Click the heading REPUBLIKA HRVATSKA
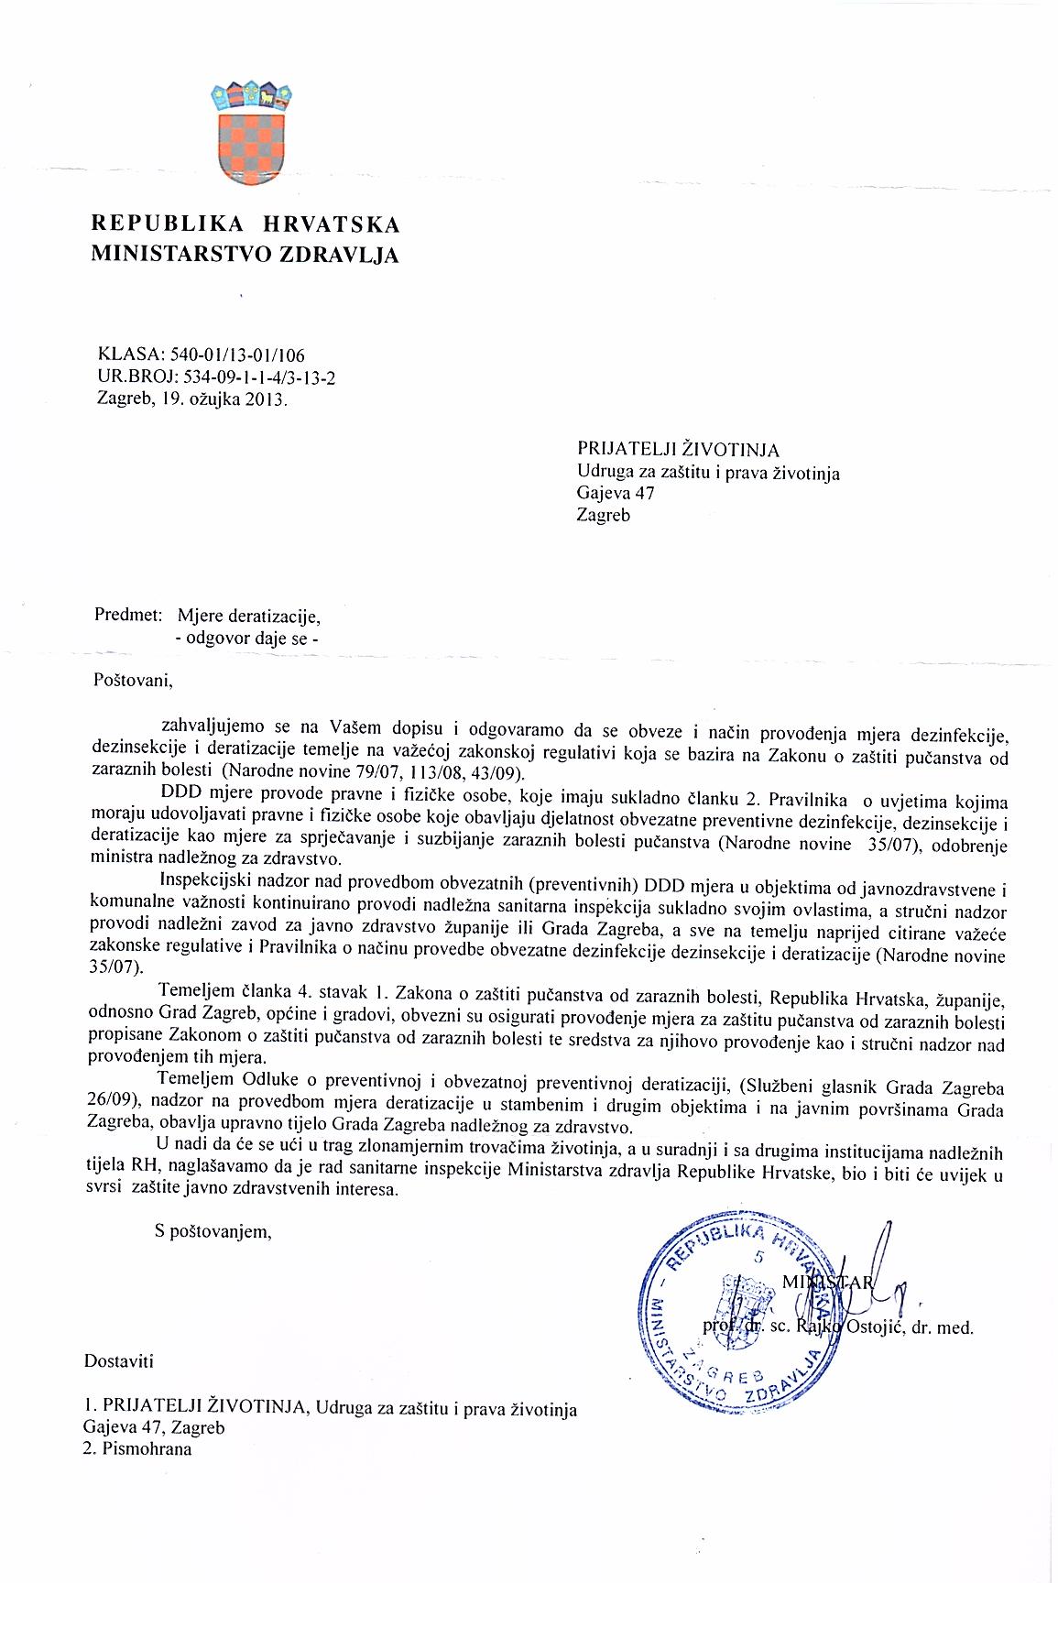coord(245,224)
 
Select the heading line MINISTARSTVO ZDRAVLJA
coord(245,256)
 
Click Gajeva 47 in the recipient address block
coord(616,494)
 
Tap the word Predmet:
coord(128,615)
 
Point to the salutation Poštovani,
coord(134,682)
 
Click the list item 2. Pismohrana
coord(137,1450)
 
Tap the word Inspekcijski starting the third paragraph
coord(204,889)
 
